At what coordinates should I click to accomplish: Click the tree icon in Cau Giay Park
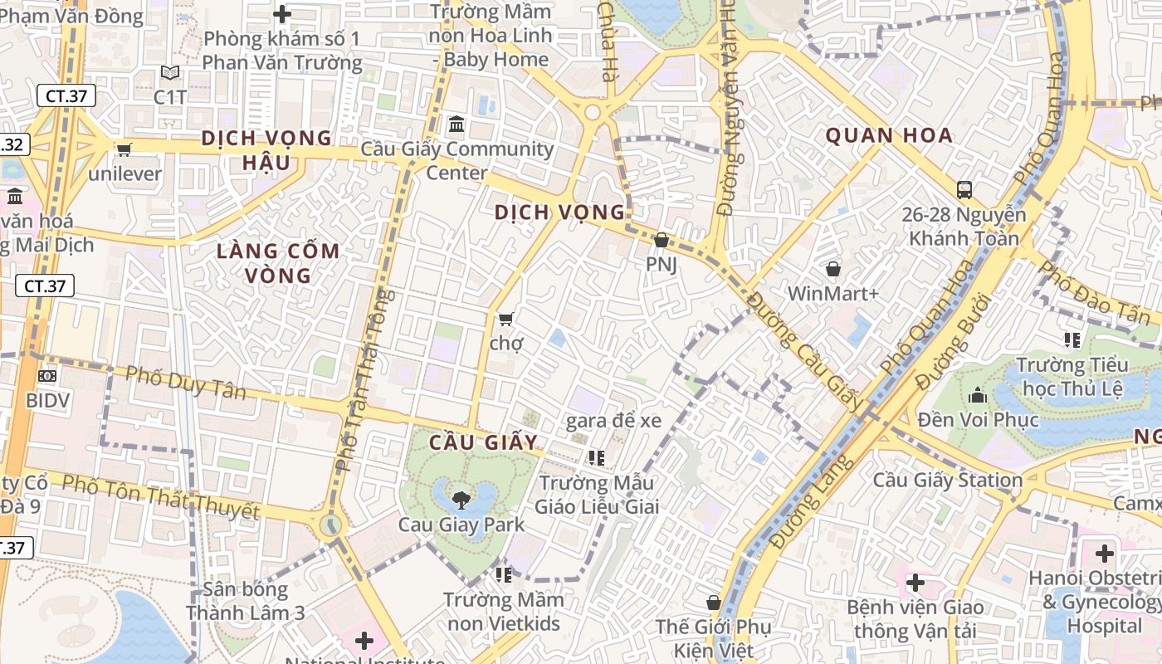click(x=461, y=500)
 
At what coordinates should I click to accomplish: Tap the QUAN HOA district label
click(x=888, y=136)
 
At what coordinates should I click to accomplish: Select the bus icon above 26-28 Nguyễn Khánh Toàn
click(x=964, y=190)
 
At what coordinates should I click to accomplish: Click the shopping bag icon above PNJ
click(x=661, y=241)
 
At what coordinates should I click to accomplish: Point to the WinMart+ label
click(x=832, y=293)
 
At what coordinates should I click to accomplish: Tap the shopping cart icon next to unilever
click(x=124, y=149)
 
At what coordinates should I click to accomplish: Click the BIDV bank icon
click(x=47, y=375)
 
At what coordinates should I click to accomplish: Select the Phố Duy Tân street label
click(x=185, y=383)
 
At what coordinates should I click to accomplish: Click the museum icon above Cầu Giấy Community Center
click(x=456, y=125)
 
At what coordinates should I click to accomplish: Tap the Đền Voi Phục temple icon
click(x=977, y=394)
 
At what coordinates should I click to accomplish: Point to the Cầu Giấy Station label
click(x=947, y=480)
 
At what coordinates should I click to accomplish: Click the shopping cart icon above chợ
click(x=505, y=319)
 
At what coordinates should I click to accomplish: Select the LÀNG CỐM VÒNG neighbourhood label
click(x=278, y=263)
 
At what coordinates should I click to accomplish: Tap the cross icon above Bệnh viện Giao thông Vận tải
click(x=915, y=583)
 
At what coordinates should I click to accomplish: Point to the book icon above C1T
click(x=170, y=73)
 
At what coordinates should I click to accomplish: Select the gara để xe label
click(x=613, y=421)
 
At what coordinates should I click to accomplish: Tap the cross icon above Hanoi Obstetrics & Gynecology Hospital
click(x=1104, y=553)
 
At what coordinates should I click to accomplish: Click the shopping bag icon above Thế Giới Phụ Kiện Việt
click(x=713, y=603)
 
